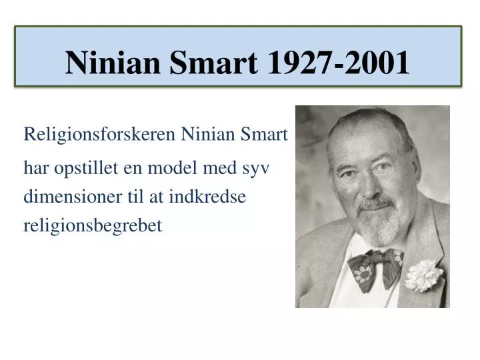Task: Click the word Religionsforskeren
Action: pos(100,135)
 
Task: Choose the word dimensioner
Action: pos(71,197)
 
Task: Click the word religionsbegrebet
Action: pos(93,227)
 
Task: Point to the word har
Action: pos(35,168)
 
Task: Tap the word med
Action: pos(219,168)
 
